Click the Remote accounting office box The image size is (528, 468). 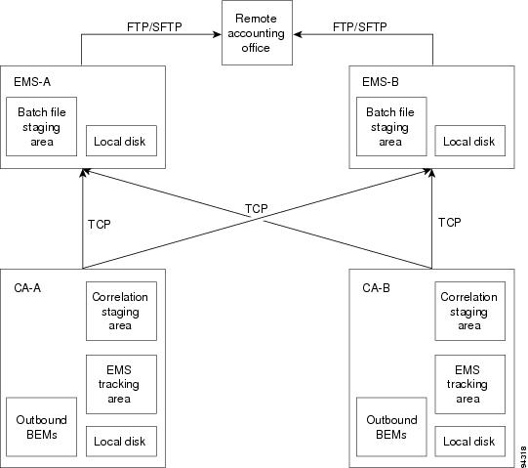[x=257, y=32]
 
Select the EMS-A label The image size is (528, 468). [x=32, y=82]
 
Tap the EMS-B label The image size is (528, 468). [x=381, y=82]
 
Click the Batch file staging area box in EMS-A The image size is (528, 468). [x=41, y=127]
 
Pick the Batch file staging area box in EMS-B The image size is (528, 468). [x=391, y=127]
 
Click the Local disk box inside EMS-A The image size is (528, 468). [x=121, y=141]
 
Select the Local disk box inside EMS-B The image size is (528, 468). [x=470, y=141]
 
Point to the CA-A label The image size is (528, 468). [x=27, y=288]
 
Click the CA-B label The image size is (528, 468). [x=376, y=288]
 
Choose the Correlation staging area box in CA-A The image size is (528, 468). [x=121, y=312]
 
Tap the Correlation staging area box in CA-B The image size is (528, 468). [x=470, y=312]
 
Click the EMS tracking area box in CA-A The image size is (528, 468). [x=121, y=384]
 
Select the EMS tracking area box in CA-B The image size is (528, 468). [x=470, y=384]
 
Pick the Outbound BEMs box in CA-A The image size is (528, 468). [x=41, y=427]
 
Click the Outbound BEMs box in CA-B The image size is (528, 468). [x=391, y=427]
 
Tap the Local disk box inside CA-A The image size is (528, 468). [x=121, y=442]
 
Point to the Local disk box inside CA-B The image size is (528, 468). [x=470, y=442]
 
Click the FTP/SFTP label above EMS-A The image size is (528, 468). [x=154, y=26]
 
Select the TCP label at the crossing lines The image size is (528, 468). [x=257, y=209]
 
